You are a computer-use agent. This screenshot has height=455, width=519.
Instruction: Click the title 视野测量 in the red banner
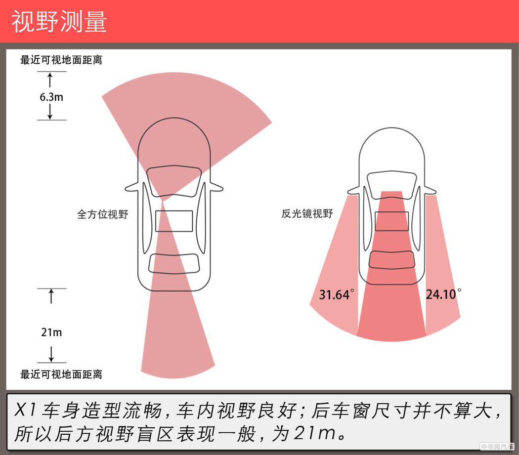tap(59, 22)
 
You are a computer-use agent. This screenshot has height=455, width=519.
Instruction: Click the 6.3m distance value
tap(51, 97)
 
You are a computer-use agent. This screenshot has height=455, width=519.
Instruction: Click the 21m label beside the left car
tap(51, 332)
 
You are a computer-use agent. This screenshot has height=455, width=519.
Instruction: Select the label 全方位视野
tap(102, 214)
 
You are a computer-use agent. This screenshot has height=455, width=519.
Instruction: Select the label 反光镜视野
tap(307, 214)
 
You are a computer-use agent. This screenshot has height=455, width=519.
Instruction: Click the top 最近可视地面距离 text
tap(61, 60)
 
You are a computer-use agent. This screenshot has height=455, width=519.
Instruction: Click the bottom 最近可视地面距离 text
tap(61, 374)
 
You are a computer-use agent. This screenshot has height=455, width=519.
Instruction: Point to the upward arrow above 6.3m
tap(50, 80)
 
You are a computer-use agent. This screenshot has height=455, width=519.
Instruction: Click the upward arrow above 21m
tap(51, 296)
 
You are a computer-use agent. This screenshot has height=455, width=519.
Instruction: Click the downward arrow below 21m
tap(51, 354)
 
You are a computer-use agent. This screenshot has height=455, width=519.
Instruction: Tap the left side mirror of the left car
tap(131, 187)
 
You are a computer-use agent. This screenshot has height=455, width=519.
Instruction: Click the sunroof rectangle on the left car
tap(174, 221)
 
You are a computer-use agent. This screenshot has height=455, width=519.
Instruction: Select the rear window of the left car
tap(174, 262)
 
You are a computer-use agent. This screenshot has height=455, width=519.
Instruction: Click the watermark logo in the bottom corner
tap(497, 447)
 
